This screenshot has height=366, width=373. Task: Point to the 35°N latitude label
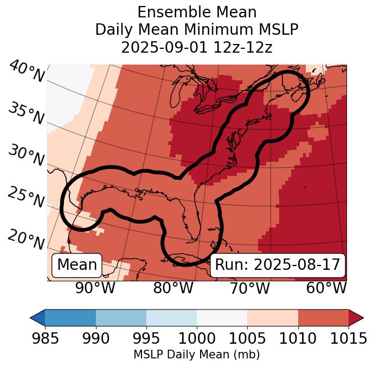tap(26, 114)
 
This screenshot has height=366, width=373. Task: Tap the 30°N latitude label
tap(26, 156)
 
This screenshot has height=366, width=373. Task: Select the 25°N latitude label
tap(26, 197)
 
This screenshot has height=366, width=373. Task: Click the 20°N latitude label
tap(26, 238)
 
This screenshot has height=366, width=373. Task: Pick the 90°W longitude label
tap(95, 288)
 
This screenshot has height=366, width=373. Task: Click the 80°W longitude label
tap(173, 288)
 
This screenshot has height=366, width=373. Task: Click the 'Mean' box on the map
tap(77, 265)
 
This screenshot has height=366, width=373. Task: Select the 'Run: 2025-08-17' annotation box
tap(278, 265)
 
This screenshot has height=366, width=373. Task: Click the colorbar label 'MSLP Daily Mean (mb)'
tap(197, 355)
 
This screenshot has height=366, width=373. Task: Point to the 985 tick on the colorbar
tap(46, 338)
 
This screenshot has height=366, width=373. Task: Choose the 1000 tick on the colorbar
tap(197, 338)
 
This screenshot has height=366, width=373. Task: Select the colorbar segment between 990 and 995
tap(121, 317)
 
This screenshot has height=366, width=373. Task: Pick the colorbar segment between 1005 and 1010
tap(273, 317)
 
